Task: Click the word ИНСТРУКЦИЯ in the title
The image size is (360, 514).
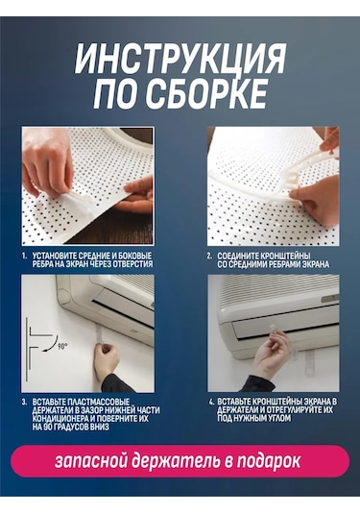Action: point(180,60)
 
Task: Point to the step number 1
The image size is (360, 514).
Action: point(25,257)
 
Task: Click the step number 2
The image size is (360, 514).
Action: point(210,257)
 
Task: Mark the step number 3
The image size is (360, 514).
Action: point(25,400)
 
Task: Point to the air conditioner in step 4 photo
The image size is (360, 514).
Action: point(278,307)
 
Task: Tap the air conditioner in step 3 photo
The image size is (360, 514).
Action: point(110,303)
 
